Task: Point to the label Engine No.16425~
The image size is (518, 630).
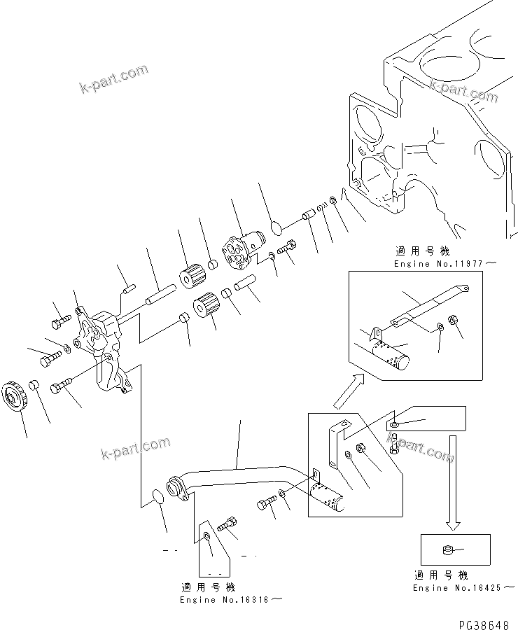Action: pos(459,588)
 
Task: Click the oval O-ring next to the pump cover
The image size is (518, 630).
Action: pos(275,227)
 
